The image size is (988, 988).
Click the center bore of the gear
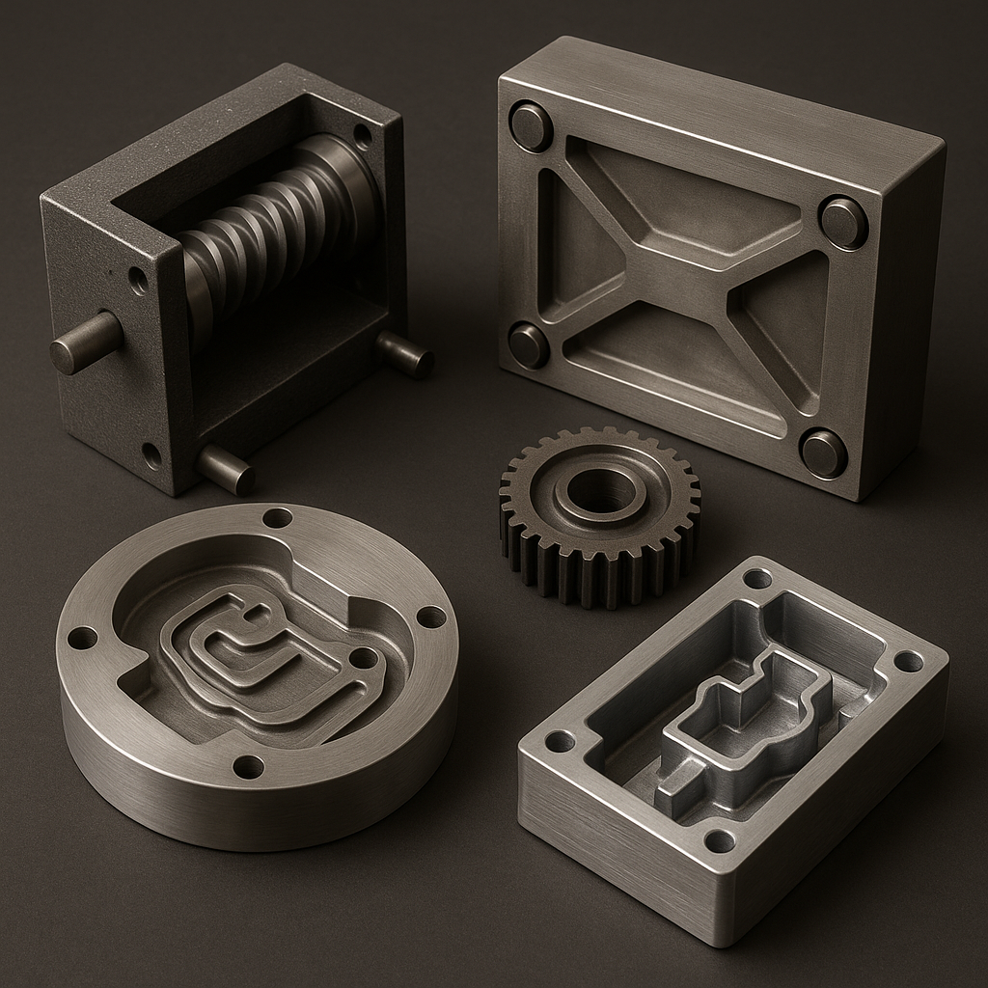click(x=599, y=493)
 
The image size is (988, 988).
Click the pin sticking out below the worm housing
click(x=226, y=470)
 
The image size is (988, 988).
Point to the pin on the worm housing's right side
click(x=405, y=354)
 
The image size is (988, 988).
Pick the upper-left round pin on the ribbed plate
click(x=531, y=126)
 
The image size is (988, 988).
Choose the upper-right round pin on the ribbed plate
click(x=843, y=223)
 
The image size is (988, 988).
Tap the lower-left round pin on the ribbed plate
click(x=529, y=345)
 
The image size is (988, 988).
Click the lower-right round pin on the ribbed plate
click(x=824, y=453)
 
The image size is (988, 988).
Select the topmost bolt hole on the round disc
click(x=277, y=518)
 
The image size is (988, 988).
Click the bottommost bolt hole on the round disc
click(x=248, y=767)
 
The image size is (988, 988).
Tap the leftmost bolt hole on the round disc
click(x=82, y=638)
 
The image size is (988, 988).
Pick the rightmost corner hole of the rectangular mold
click(x=908, y=661)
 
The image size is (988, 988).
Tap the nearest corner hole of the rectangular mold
click(x=719, y=840)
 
